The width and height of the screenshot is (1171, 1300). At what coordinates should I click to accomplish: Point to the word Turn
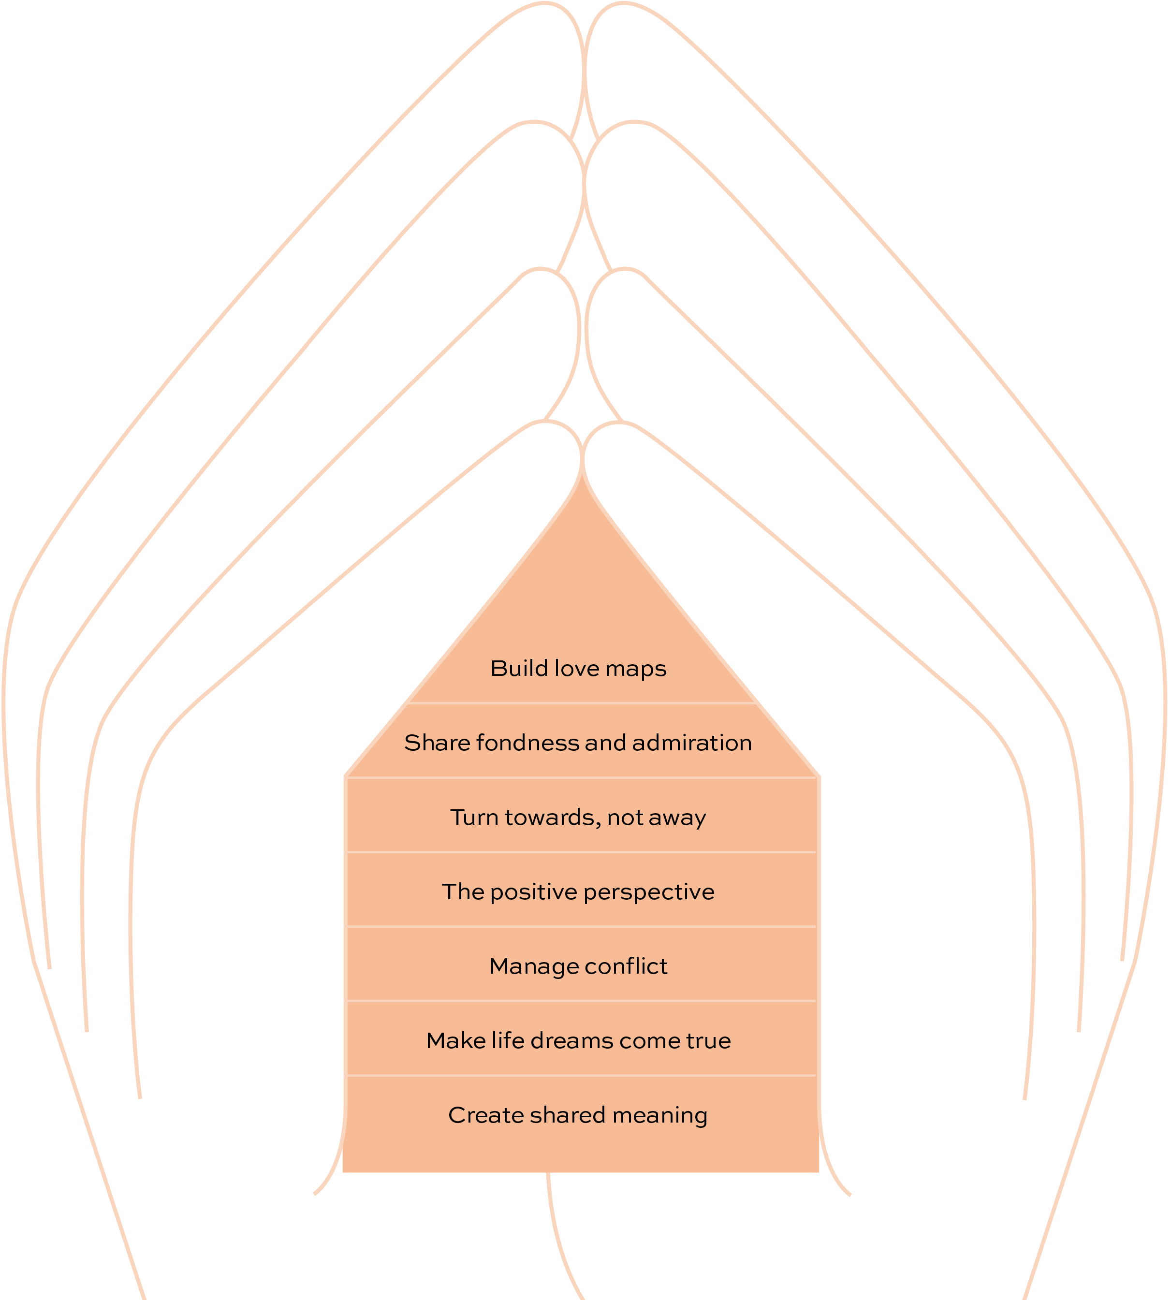(x=473, y=818)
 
